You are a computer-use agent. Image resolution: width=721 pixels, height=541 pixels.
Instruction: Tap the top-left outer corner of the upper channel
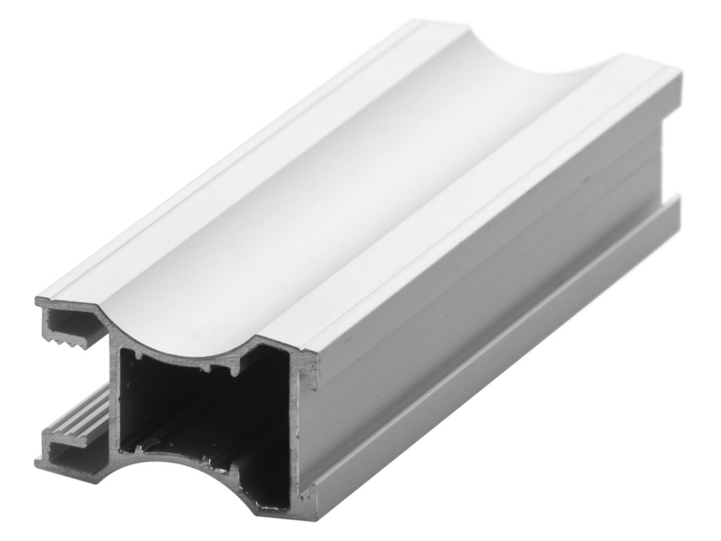[38, 301]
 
